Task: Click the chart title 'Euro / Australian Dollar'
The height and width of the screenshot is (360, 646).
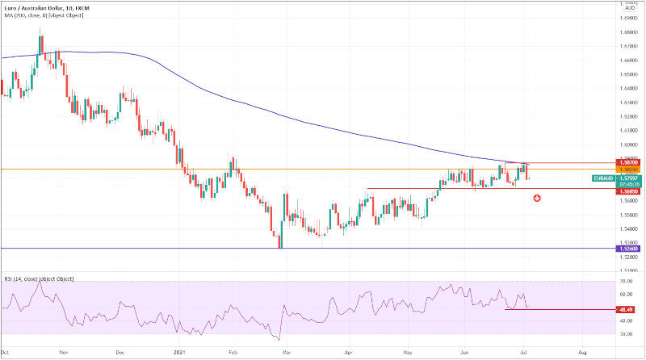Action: (x=33, y=7)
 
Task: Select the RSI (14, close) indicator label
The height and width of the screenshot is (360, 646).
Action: (x=38, y=278)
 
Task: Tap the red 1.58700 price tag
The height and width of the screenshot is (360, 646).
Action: (x=627, y=162)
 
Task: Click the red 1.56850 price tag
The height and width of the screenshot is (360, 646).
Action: (x=627, y=191)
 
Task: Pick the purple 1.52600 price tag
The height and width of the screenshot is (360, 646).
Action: (x=627, y=249)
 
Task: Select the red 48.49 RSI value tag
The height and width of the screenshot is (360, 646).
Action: (x=627, y=309)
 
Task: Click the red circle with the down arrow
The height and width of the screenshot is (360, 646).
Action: (x=537, y=199)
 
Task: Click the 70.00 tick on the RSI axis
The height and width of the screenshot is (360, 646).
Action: (x=626, y=281)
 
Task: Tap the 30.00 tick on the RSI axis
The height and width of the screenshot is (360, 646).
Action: (x=626, y=333)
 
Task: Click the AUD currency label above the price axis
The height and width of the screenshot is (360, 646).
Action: (x=627, y=6)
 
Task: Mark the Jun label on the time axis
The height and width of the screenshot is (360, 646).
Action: (x=465, y=353)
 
